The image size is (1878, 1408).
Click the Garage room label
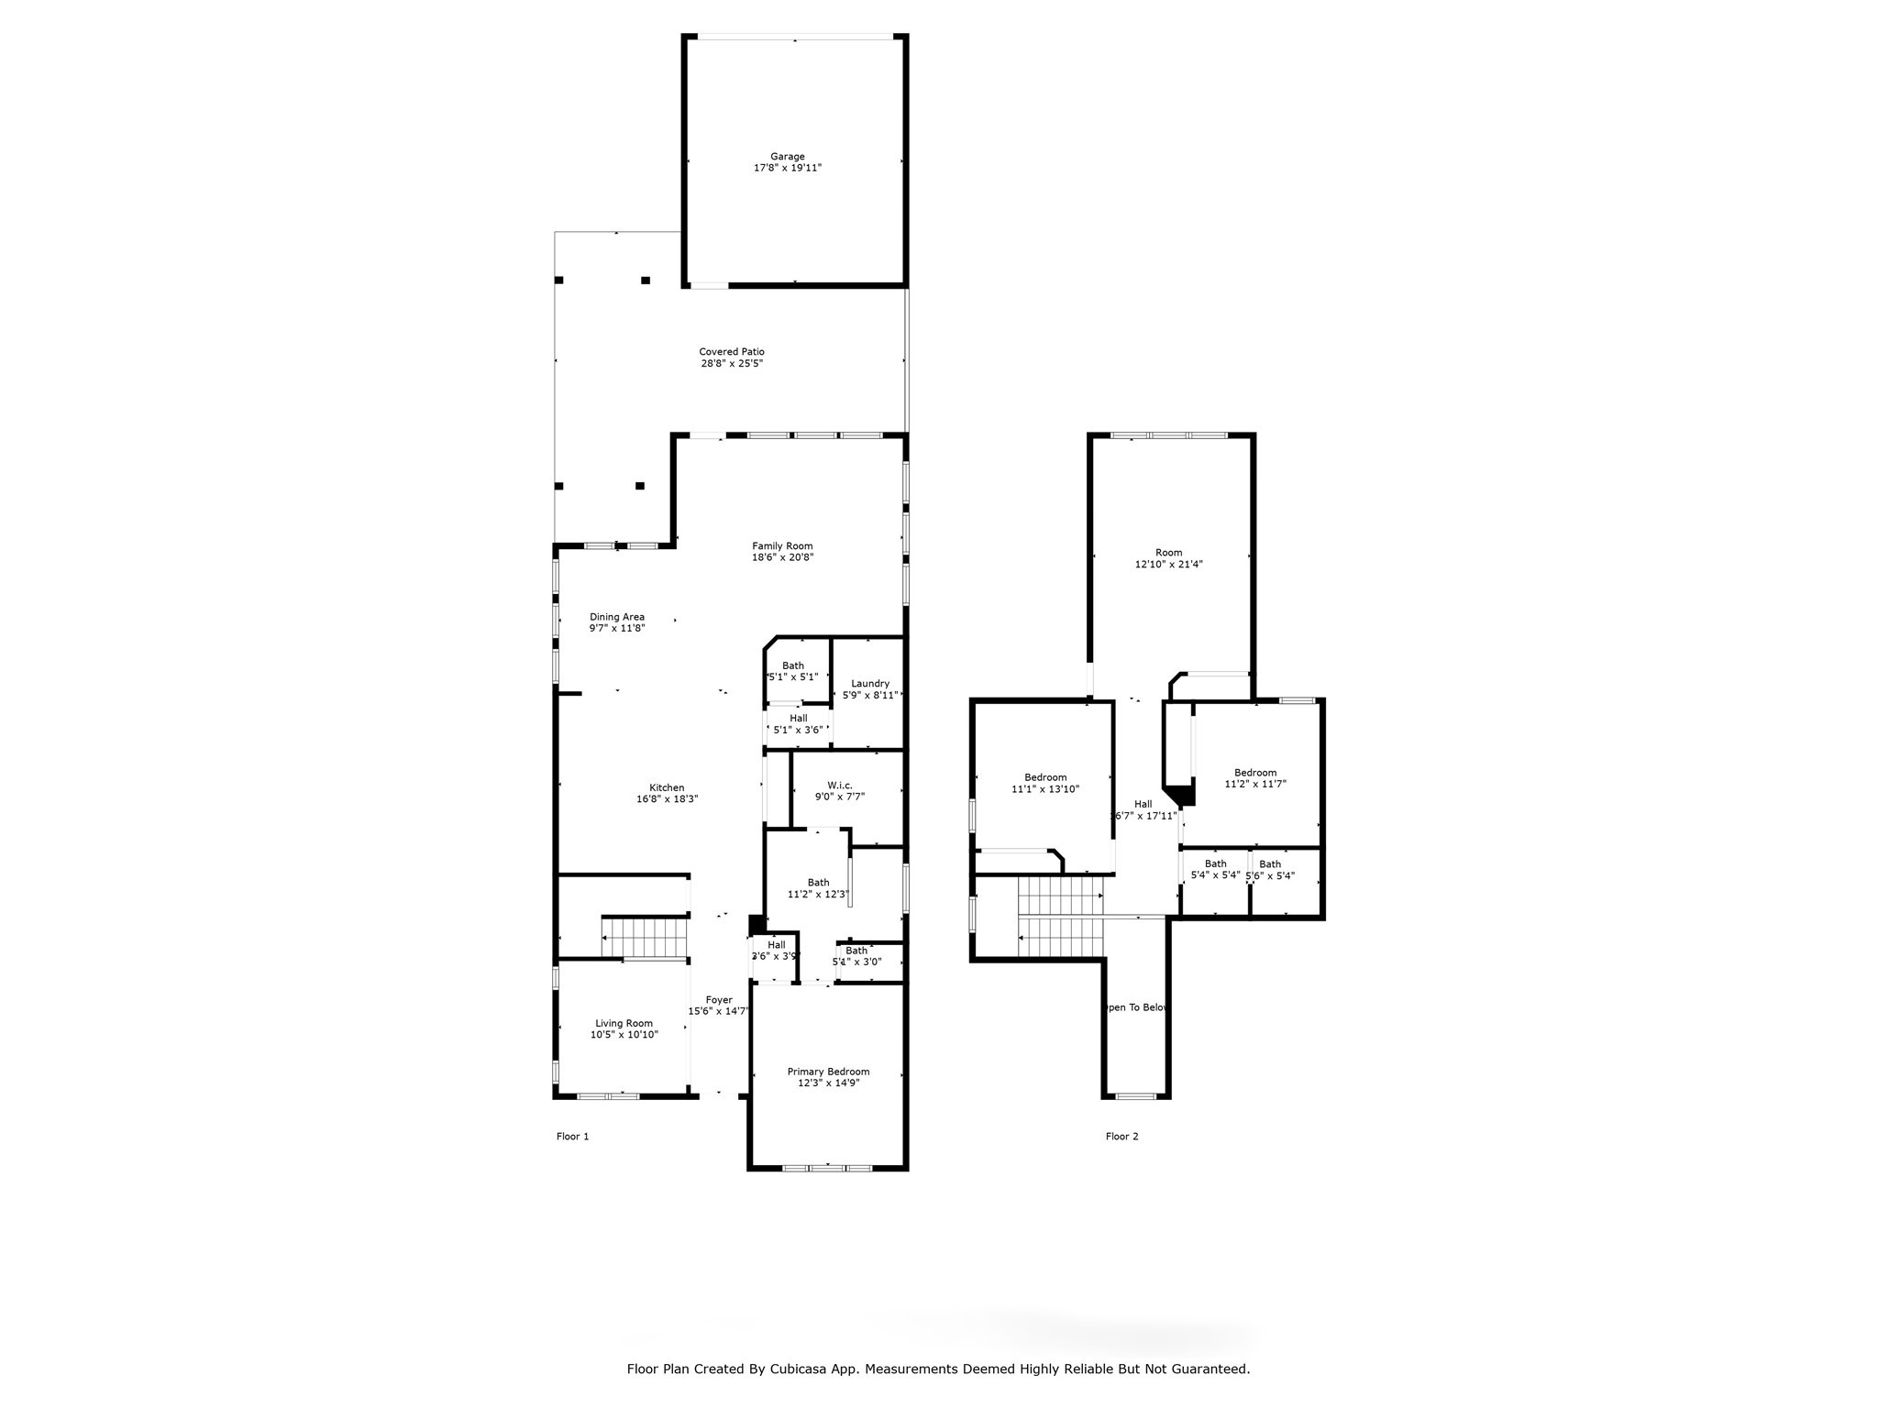[x=787, y=157]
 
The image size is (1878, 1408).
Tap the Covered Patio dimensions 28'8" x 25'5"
[x=732, y=364]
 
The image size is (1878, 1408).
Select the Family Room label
[x=782, y=546]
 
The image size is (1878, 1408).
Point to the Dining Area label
[x=616, y=617]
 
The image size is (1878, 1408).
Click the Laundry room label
[x=869, y=684]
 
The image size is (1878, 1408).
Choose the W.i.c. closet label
[x=839, y=786]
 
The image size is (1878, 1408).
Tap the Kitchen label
[x=667, y=788]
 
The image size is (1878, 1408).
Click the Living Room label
[x=624, y=1024]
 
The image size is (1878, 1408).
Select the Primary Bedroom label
[x=828, y=1072]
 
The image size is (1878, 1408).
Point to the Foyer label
[x=719, y=1000]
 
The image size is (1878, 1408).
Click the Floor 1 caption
[x=572, y=1137]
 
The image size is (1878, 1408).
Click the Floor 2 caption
[x=1121, y=1137]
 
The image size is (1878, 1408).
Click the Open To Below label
[x=1137, y=1007]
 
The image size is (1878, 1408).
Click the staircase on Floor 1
[x=646, y=938]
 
